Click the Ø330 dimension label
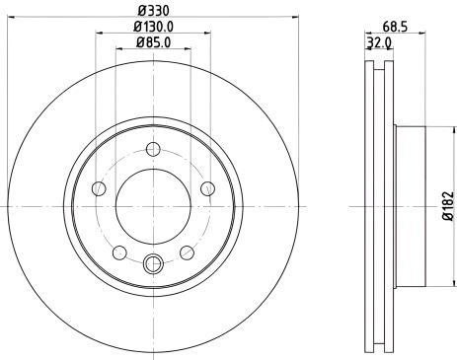coord(152,9)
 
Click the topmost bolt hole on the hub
coord(152,150)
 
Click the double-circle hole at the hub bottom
coord(152,263)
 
